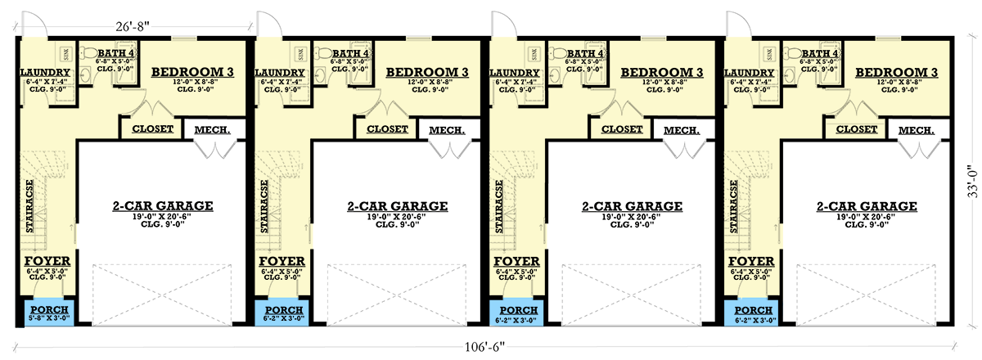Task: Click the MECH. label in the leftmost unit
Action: point(212,130)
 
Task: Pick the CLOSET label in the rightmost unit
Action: point(857,129)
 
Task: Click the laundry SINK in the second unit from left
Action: point(299,55)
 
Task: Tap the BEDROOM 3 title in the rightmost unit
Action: point(896,74)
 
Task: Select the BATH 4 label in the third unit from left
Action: point(588,54)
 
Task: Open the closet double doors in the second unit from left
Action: point(385,110)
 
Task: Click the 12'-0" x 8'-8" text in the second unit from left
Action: point(427,83)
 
